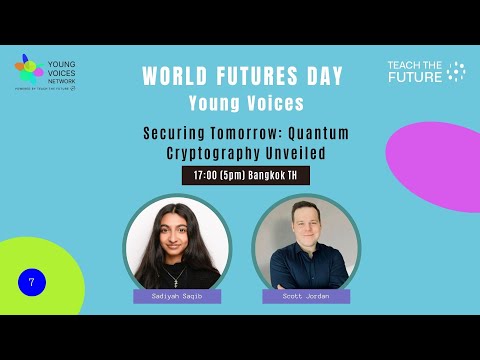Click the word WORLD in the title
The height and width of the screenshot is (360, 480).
[174, 76]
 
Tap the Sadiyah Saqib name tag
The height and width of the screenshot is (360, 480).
[177, 297]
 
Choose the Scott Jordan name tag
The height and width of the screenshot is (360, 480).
[306, 297]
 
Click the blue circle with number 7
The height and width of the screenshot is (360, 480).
[32, 283]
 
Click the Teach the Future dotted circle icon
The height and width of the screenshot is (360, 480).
[456, 71]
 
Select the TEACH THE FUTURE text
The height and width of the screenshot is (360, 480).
[414, 71]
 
